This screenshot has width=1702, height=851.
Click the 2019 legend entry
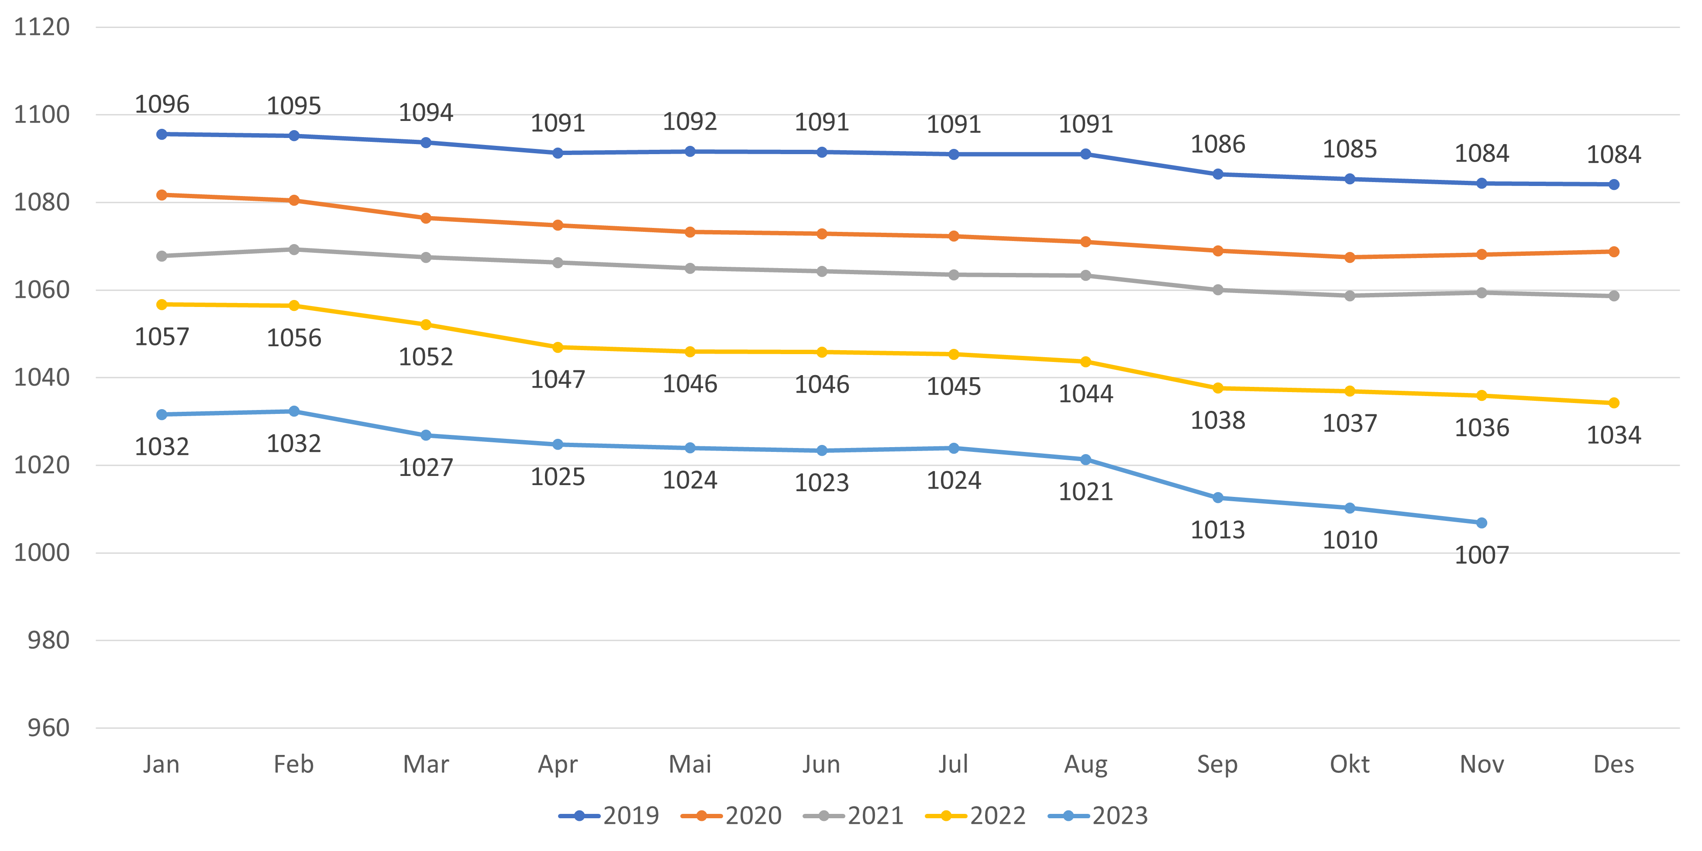pyautogui.click(x=609, y=816)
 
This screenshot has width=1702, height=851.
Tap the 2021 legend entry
pyautogui.click(x=853, y=816)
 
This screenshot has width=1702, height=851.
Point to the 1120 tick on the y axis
pyautogui.click(x=41, y=27)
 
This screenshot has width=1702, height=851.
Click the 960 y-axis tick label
pyautogui.click(x=48, y=728)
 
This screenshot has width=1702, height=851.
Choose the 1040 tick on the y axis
pyautogui.click(x=41, y=378)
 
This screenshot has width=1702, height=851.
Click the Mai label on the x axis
pyautogui.click(x=690, y=765)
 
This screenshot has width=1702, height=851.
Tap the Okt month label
pyautogui.click(x=1349, y=765)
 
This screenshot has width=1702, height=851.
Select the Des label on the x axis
pyautogui.click(x=1613, y=765)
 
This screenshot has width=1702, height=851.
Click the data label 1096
pyautogui.click(x=162, y=104)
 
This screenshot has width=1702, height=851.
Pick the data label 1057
pyautogui.click(x=162, y=337)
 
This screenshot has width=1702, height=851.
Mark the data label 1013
pyautogui.click(x=1218, y=530)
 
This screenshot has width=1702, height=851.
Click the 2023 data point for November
pyautogui.click(x=1481, y=523)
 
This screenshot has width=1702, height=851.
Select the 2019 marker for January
pyautogui.click(x=162, y=134)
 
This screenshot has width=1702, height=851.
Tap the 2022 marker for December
pyautogui.click(x=1613, y=403)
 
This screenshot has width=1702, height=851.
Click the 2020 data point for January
pyautogui.click(x=162, y=195)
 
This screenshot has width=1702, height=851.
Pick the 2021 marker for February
pyautogui.click(x=294, y=249)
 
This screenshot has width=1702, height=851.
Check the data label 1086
pyautogui.click(x=1218, y=144)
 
